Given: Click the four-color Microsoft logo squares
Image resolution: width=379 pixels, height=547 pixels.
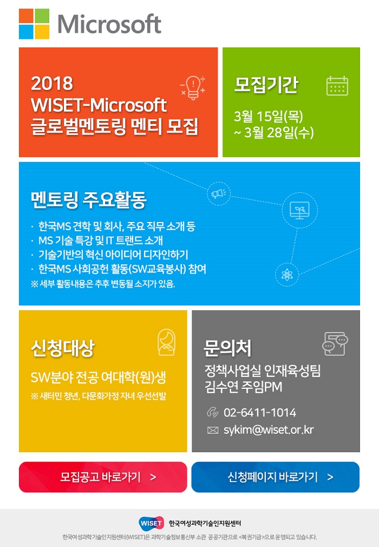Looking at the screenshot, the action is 34,24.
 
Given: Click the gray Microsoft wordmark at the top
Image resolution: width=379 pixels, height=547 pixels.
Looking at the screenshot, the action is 109,24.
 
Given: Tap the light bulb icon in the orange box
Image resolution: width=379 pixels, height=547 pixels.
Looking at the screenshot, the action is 193,88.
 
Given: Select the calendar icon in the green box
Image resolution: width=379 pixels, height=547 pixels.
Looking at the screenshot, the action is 337,86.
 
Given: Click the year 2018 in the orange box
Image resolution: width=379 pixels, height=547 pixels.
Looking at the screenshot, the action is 52,83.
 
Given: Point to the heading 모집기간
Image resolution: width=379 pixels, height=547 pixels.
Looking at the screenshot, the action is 266,85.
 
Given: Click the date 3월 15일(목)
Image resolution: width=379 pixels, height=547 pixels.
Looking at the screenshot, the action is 269,116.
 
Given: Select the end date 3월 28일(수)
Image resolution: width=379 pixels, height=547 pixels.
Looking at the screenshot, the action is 274,133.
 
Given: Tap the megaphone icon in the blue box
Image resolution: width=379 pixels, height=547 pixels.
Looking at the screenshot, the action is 219,193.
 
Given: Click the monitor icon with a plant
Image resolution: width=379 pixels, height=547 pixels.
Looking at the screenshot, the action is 299,210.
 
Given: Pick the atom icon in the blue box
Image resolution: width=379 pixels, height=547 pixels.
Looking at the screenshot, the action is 287,275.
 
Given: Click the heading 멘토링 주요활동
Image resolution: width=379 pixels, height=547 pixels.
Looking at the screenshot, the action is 89,200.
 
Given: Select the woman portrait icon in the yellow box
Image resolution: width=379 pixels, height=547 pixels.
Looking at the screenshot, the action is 166,342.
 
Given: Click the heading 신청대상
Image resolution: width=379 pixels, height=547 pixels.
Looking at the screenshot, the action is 63,348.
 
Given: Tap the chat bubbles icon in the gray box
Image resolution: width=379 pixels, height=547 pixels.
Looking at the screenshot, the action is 335,343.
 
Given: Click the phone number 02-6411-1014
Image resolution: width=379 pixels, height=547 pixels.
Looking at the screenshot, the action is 260,413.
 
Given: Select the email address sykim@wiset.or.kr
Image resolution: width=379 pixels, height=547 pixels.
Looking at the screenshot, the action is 269,430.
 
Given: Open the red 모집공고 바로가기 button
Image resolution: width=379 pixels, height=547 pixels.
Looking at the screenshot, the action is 103,477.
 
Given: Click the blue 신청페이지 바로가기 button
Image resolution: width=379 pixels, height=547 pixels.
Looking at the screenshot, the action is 276,477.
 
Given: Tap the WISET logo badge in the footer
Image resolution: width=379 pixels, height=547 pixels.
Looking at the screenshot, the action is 151,523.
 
